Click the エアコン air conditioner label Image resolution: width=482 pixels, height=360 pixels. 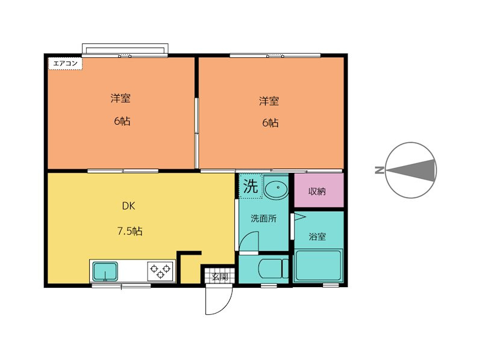66,64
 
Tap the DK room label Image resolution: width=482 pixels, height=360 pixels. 128,206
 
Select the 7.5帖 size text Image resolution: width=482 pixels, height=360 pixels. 130,231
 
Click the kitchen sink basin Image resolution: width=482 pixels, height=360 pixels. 105,271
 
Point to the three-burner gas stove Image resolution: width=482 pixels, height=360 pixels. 160,271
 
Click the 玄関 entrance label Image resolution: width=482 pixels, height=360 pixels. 220,277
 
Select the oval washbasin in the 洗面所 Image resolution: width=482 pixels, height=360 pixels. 276,187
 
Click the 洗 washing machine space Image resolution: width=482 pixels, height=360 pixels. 251,186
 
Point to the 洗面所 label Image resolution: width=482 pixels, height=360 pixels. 263,219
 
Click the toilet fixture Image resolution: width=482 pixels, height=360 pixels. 274,268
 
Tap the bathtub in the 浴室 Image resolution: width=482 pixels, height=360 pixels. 319,265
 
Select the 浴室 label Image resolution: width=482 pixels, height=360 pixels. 318,237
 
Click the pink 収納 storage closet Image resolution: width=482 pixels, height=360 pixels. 319,190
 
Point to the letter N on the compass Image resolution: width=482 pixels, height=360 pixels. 380,170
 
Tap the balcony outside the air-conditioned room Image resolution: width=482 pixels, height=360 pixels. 125,49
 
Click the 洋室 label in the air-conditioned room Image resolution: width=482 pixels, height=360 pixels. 120,98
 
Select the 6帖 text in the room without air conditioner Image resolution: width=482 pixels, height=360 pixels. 270,123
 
